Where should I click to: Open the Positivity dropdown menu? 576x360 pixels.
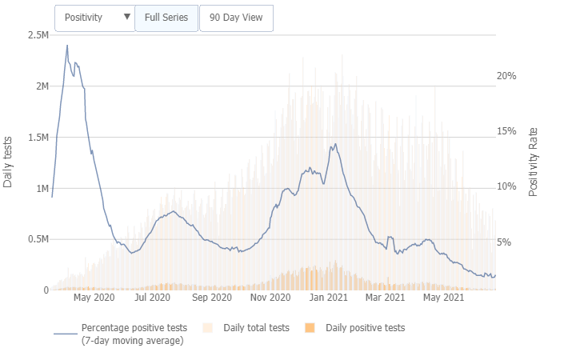[94, 18]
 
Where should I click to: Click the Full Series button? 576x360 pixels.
[166, 18]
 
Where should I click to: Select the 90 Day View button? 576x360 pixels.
[236, 18]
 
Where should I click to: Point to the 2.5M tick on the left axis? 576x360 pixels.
[37, 35]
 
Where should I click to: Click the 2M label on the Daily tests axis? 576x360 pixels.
[40, 86]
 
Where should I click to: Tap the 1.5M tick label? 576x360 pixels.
[37, 138]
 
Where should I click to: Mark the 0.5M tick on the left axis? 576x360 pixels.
[37, 239]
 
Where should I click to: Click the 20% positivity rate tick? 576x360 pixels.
[506, 76]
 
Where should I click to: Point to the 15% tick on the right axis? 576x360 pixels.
[506, 131]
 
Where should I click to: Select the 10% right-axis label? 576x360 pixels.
[506, 186]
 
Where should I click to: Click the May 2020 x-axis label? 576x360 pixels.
[94, 298]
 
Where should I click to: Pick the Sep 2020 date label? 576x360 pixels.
[211, 298]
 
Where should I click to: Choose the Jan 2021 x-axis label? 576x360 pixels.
[327, 298]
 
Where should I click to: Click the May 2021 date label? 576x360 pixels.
[443, 298]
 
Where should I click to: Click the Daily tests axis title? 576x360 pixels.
[8, 162]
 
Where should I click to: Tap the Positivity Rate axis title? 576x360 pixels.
[534, 162]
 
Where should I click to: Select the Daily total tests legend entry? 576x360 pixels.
[256, 328]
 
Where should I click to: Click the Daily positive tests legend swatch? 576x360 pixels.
[310, 328]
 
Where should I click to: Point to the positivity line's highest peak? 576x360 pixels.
[67, 46]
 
